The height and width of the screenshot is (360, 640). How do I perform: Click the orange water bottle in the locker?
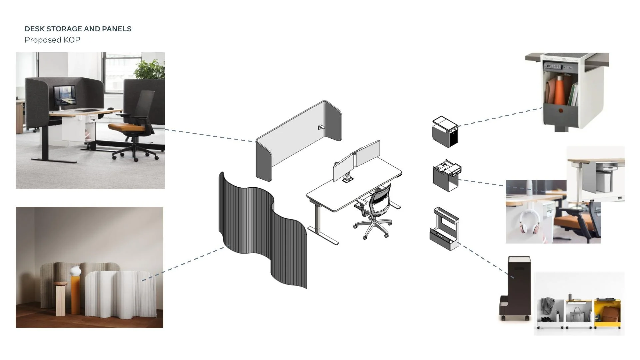[560, 90]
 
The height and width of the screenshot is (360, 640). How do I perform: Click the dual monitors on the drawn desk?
[357, 160]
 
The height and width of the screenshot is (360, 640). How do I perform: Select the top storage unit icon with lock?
[445, 131]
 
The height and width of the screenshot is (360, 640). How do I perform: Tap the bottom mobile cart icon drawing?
[444, 229]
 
